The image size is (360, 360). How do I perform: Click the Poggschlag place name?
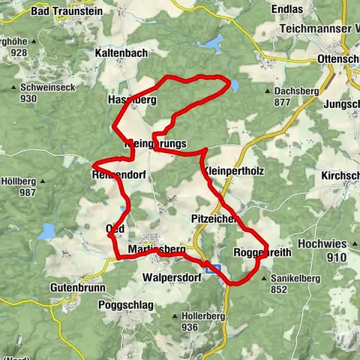tap(126, 304)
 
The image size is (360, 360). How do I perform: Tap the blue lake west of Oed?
tap(47, 230)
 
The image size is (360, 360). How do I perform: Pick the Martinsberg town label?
tap(156, 249)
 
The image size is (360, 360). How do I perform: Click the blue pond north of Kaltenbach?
tap(215, 43)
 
